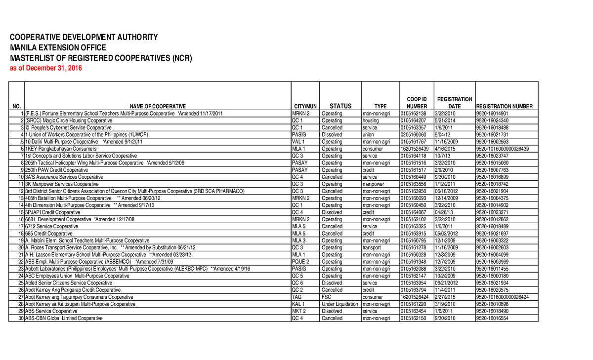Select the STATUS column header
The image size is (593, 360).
[340, 106]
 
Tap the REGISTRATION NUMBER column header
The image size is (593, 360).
[504, 107]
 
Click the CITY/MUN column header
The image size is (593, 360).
[305, 107]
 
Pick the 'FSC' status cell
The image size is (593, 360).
[327, 297]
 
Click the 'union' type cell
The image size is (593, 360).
[369, 134]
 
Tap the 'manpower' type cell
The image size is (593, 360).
[373, 184]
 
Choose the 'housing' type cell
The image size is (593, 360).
[371, 120]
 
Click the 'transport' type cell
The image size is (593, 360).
[372, 247]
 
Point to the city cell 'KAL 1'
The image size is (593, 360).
[298, 304]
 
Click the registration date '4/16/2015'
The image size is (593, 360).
[446, 149]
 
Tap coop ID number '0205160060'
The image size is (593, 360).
[413, 134]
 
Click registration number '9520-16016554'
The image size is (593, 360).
[492, 319]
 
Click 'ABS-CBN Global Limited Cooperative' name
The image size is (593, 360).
[64, 319]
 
